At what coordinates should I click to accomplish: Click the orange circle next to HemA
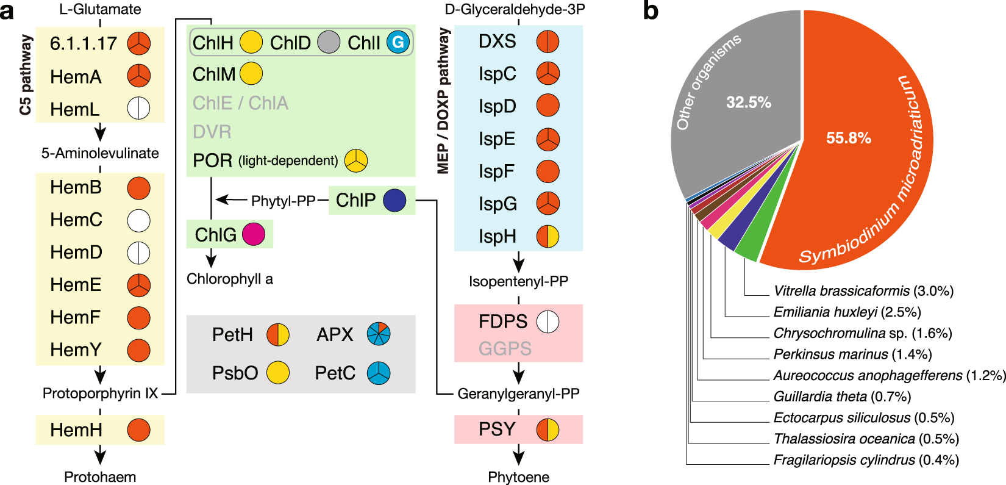click(138, 76)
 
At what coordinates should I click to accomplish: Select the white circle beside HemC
click(138, 220)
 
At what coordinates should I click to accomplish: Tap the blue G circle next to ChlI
click(398, 42)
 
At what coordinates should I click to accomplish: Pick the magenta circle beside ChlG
click(254, 234)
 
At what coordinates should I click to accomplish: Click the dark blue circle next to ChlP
click(395, 200)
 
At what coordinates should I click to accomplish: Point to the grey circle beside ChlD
click(329, 42)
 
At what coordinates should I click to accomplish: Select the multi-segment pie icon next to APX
click(379, 334)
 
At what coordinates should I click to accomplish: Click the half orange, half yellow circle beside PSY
click(548, 429)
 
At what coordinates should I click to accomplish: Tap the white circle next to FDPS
click(548, 322)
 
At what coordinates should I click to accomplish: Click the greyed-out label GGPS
click(505, 348)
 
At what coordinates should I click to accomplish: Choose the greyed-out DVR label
click(212, 132)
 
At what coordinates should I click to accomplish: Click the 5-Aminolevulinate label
click(100, 153)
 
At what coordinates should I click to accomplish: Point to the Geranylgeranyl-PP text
click(518, 393)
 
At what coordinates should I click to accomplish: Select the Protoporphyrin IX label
click(100, 393)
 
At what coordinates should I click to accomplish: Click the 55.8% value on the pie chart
click(848, 138)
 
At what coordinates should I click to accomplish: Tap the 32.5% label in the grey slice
click(748, 102)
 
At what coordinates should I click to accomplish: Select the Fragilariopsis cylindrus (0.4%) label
click(866, 460)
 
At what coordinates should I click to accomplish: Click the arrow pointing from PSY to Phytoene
click(518, 455)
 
